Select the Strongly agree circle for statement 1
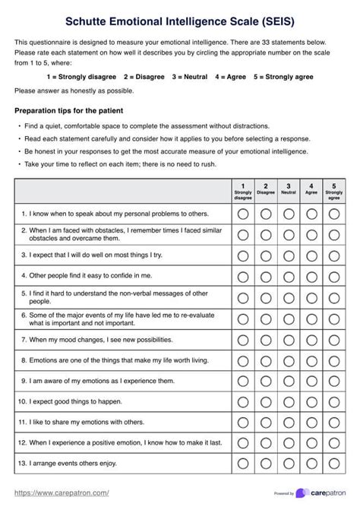coord(333,214)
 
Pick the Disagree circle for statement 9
coord(265,379)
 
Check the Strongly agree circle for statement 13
coord(333,461)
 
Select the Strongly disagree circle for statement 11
coord(242,420)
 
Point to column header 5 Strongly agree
coord(333,189)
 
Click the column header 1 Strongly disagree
coord(242,189)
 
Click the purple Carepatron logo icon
coord(302,493)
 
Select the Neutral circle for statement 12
coord(288,441)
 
